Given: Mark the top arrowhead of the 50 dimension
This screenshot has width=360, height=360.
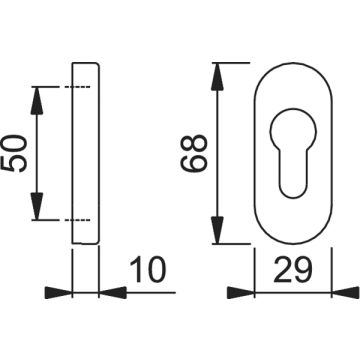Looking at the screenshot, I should click(x=38, y=95).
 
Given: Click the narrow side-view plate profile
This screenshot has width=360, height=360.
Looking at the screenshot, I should click(x=86, y=154).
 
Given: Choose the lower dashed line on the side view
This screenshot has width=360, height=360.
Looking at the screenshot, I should click(x=71, y=219).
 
